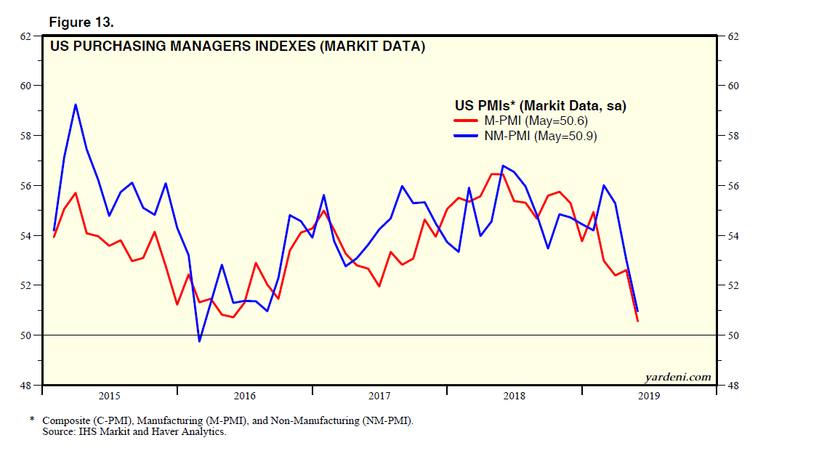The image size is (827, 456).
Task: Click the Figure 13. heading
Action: pos(81,23)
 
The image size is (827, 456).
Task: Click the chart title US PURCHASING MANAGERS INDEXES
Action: pos(237,48)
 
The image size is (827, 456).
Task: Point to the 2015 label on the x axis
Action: pos(109,396)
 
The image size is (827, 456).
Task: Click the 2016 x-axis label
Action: pos(245,396)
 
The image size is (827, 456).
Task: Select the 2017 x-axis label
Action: pos(379,396)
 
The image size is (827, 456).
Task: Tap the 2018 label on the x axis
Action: pos(515,396)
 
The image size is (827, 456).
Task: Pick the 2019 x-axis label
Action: pos(649,396)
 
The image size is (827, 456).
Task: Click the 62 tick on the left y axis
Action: pos(25,36)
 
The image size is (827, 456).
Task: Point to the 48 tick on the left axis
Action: pos(25,386)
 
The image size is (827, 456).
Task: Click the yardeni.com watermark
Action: pos(677,377)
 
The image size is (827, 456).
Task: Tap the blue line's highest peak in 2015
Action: pos(76,105)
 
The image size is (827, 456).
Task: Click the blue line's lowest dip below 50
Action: pos(199,341)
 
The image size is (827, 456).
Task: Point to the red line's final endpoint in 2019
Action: pos(638,321)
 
